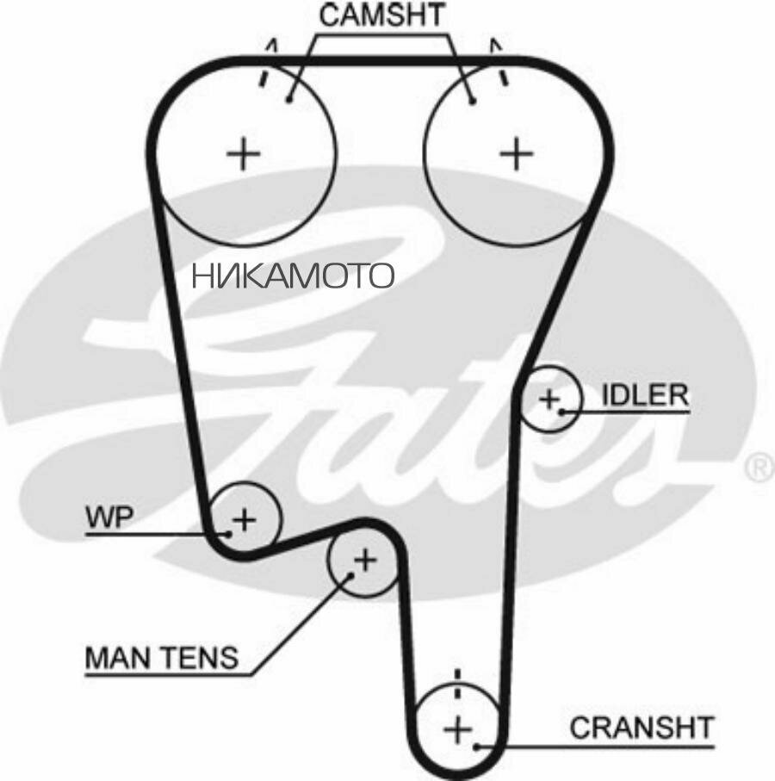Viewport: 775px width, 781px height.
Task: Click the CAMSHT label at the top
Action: click(381, 15)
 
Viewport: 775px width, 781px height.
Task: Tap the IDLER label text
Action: click(645, 395)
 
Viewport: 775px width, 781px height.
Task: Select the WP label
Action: click(109, 517)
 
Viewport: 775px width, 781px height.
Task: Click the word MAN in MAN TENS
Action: click(118, 658)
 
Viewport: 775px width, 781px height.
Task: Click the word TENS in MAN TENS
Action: click(199, 658)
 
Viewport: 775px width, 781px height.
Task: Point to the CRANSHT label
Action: click(642, 728)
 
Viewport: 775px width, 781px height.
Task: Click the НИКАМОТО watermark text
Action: click(294, 276)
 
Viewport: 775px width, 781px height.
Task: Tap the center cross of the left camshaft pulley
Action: click(244, 153)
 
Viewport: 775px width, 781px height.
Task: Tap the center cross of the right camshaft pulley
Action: click(517, 153)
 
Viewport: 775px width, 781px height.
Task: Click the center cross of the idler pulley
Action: click(550, 399)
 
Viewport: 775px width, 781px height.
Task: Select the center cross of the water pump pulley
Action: click(245, 520)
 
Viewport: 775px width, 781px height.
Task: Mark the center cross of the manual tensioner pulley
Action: click(366, 561)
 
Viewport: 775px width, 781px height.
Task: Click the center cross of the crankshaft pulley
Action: click(458, 729)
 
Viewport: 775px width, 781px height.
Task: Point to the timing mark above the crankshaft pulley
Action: click(458, 684)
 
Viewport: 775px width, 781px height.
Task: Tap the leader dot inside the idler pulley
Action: click(561, 412)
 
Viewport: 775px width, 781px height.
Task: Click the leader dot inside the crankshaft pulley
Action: click(477, 747)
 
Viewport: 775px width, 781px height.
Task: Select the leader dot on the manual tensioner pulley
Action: click(350, 575)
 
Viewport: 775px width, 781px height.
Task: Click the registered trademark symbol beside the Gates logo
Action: click(760, 468)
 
